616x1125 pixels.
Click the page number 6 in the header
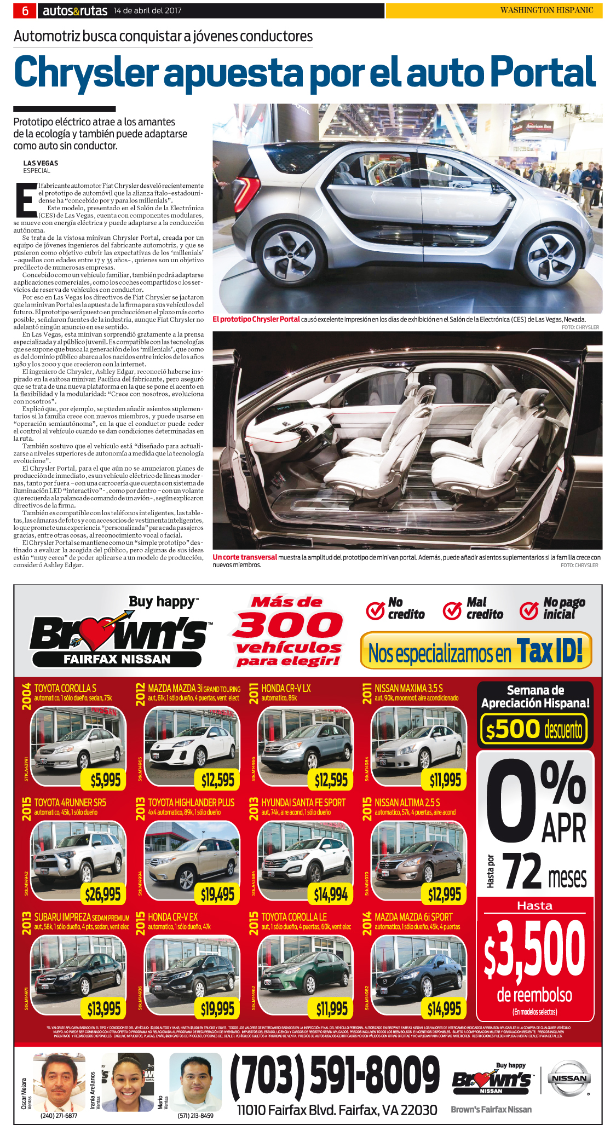pos(25,10)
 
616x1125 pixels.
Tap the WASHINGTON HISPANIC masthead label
pos(546,10)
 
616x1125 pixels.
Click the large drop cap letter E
pos(25,200)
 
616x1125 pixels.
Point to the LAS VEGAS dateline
pos(41,163)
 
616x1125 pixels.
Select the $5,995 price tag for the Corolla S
pos(105,780)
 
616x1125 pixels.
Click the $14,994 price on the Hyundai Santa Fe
pos(331,894)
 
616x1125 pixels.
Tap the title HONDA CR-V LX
pos(286,688)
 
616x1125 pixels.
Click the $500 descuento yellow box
pos(534,729)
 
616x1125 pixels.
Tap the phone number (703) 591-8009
pos(335,1075)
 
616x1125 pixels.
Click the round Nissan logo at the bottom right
pos(569,1078)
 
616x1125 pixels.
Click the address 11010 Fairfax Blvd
pos(337,1110)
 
